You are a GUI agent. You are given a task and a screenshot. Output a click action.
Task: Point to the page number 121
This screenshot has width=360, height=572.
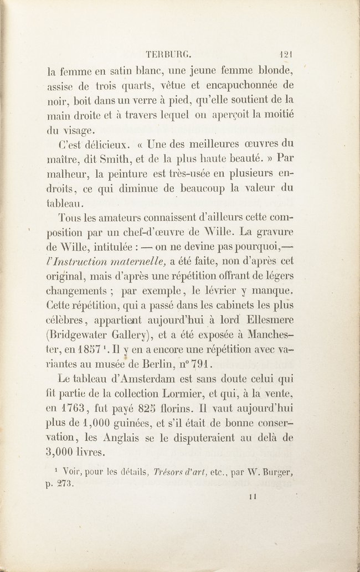(286, 54)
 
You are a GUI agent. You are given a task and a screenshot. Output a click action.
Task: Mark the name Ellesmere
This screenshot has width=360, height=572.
(263, 321)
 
